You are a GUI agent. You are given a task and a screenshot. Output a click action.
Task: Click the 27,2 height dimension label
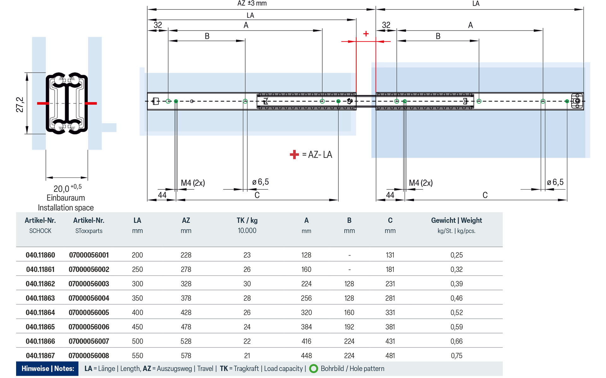(20, 105)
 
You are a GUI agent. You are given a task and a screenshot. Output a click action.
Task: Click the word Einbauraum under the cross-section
(66, 198)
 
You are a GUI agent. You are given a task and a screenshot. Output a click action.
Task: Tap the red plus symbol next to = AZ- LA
(294, 154)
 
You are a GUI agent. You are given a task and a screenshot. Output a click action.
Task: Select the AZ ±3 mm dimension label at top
(252, 3)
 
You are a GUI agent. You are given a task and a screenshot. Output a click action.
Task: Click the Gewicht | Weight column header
(456, 220)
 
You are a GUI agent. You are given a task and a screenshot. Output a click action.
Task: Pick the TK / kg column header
(247, 220)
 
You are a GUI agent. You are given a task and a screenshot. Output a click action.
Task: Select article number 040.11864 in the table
(40, 312)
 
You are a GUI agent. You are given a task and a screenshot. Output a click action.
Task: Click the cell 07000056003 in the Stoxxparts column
(89, 284)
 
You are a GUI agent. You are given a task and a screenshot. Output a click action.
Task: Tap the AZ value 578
(186, 356)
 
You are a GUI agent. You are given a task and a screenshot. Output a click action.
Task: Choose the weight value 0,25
(456, 255)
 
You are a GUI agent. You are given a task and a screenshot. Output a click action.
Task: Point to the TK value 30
(247, 284)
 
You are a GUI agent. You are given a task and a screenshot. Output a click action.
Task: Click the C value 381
(390, 327)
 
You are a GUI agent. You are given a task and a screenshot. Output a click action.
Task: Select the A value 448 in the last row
(306, 356)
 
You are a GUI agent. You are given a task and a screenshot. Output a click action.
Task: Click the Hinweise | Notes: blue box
(48, 369)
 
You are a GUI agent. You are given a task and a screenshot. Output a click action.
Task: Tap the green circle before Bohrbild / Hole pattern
(313, 369)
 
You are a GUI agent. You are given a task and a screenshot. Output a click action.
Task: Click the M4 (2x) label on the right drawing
(421, 183)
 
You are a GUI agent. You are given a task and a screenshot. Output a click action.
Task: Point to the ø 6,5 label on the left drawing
(260, 182)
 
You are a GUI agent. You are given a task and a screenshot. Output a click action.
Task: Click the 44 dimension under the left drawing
(162, 195)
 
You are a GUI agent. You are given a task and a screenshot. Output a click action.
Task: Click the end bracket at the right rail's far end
(577, 101)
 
